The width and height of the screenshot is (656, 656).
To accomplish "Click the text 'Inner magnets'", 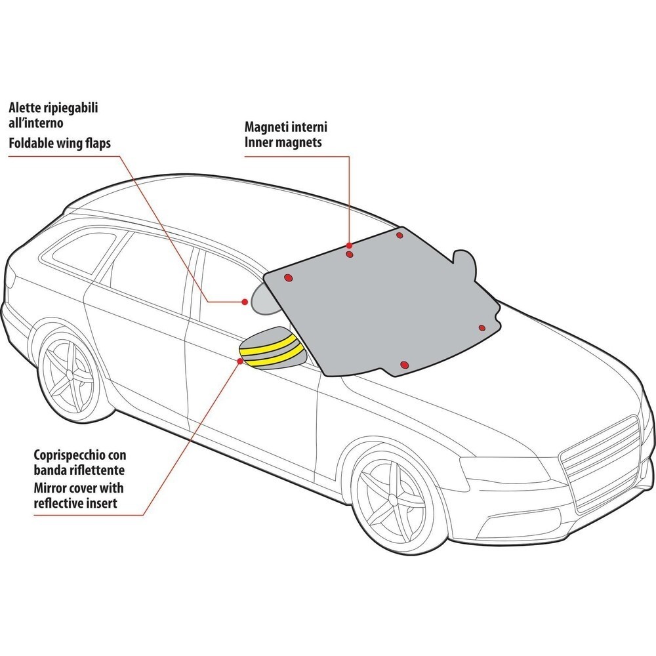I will [x=283, y=142].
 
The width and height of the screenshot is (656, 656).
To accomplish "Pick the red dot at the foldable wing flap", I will [x=245, y=302].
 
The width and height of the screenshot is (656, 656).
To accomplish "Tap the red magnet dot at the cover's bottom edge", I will [x=404, y=363].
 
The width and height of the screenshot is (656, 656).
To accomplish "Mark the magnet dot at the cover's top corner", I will [x=400, y=235].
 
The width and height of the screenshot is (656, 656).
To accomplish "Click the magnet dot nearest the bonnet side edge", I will [x=481, y=327].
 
